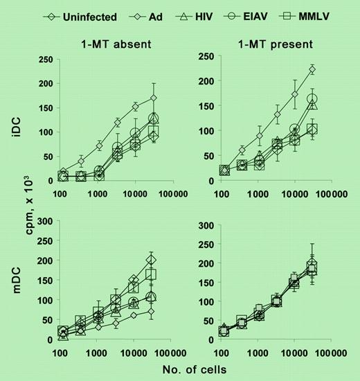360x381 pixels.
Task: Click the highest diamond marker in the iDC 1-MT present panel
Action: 312,69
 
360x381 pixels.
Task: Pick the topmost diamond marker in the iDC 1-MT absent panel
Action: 154,98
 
